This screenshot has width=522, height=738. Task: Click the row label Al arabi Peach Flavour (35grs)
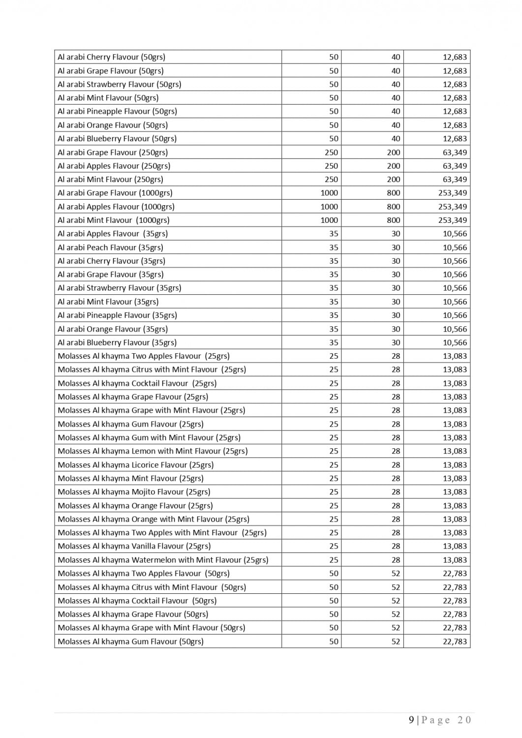tap(110, 247)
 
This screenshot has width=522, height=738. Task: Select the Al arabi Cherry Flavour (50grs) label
tap(111, 57)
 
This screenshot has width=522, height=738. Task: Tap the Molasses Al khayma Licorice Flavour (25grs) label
tap(135, 465)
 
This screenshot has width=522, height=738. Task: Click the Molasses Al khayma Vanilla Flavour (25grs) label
tap(134, 546)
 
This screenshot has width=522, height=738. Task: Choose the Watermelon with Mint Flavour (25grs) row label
tap(163, 560)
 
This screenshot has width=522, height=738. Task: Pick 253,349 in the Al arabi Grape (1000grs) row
tap(453, 193)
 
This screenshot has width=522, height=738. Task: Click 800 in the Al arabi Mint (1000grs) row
tap(394, 220)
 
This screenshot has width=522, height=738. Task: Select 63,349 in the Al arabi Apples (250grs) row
tap(455, 166)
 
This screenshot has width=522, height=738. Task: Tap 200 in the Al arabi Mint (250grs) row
tap(394, 180)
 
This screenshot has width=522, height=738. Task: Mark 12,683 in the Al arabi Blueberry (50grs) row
tap(455, 139)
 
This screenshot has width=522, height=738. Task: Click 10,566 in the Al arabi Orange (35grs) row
tap(455, 329)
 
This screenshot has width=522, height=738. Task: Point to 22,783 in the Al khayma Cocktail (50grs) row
tap(455, 601)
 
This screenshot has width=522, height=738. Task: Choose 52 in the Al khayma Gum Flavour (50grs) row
tap(396, 642)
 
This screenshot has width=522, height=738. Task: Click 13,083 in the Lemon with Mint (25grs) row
tap(455, 451)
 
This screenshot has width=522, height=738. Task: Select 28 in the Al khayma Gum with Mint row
tap(396, 438)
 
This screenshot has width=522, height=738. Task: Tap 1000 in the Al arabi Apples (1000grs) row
tap(329, 207)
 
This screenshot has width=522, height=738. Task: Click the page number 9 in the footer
tap(411, 720)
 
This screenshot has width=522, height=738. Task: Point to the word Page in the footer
tap(436, 720)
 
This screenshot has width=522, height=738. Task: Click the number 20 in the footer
tap(464, 720)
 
